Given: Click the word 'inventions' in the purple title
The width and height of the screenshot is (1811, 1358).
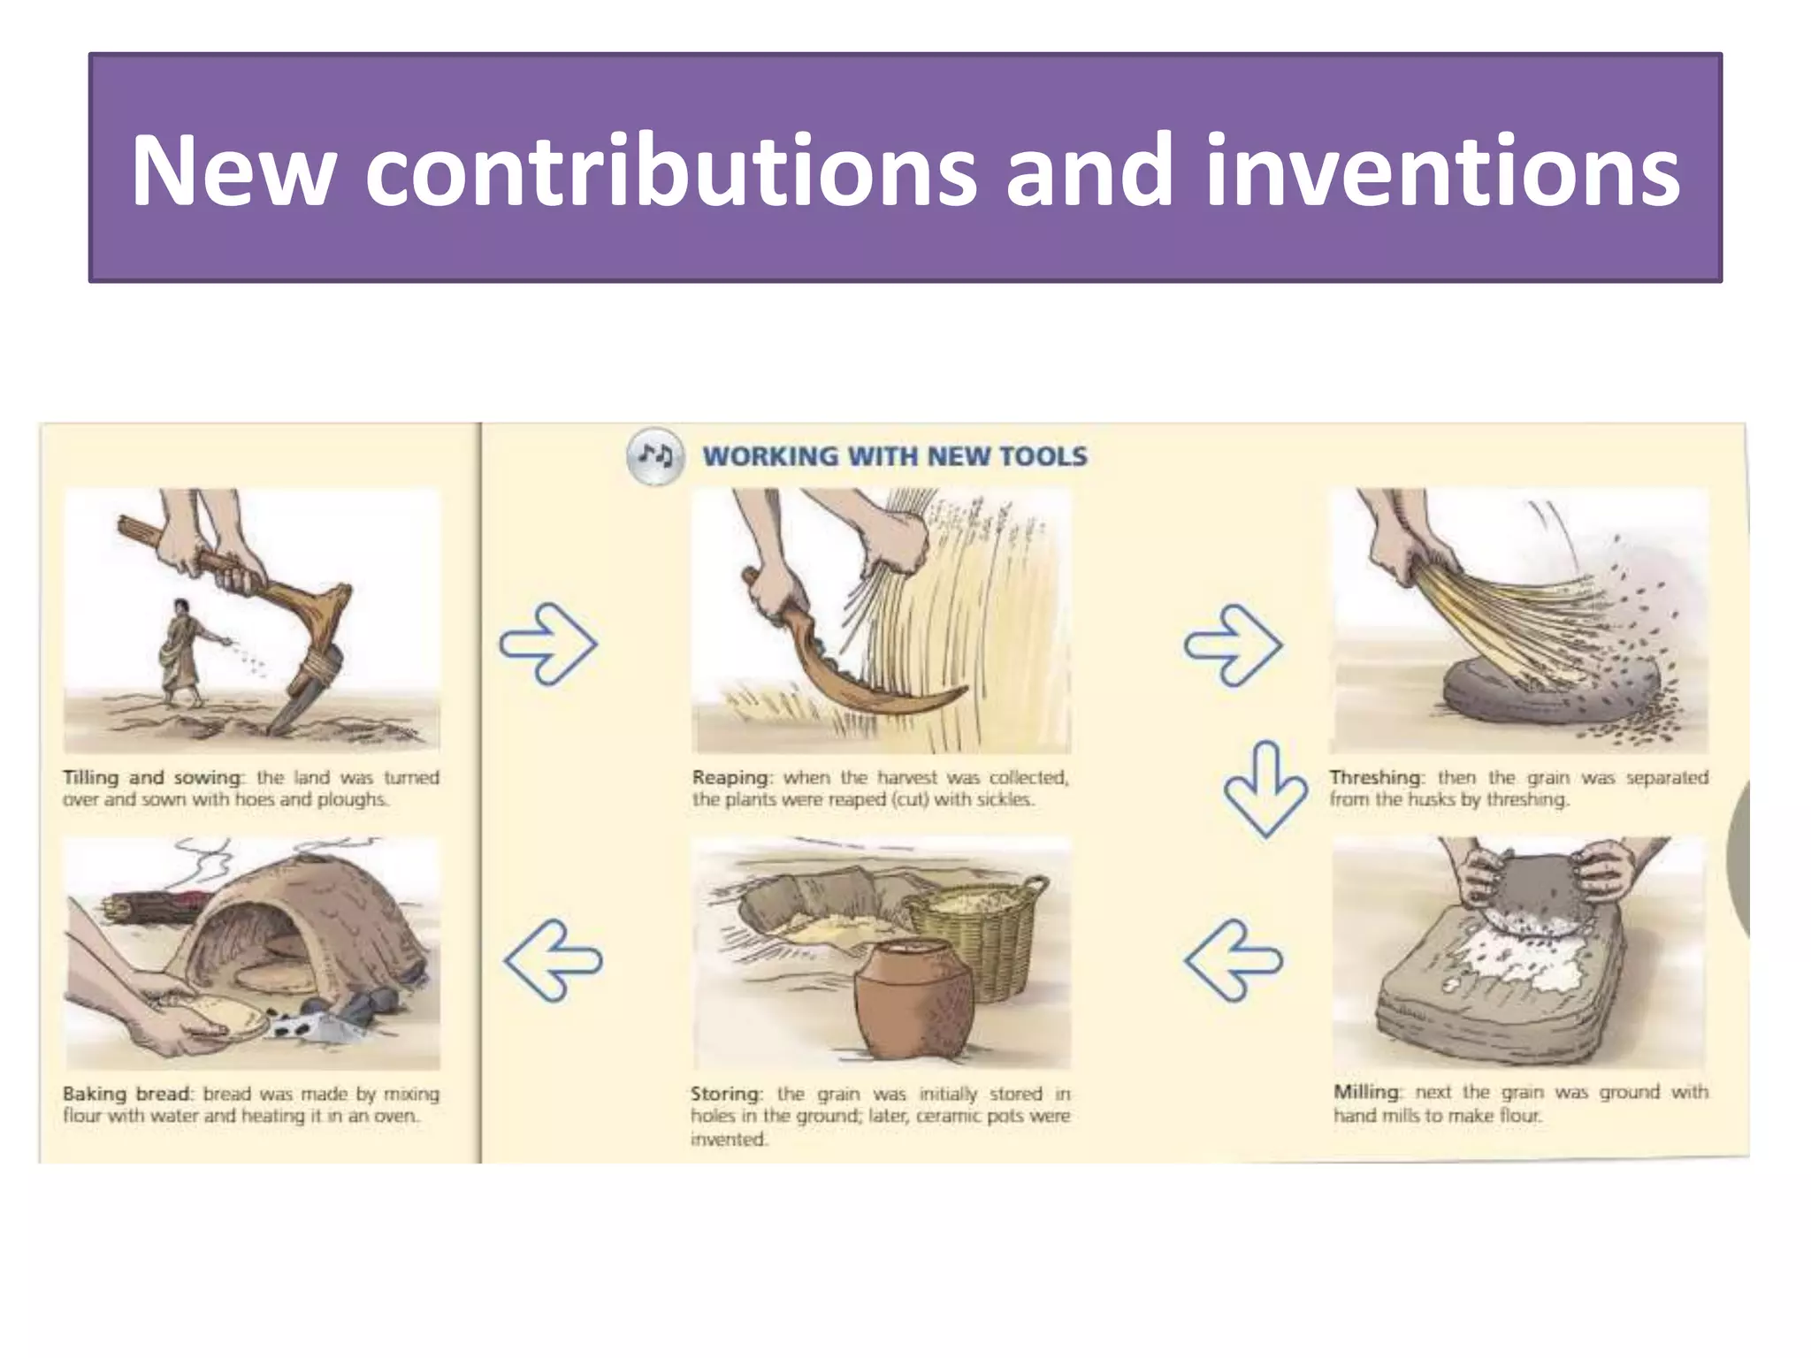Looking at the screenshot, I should [1441, 170].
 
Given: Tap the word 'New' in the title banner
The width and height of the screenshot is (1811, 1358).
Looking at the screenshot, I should [233, 170].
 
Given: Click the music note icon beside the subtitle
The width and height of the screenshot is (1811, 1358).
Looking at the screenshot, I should [654, 456].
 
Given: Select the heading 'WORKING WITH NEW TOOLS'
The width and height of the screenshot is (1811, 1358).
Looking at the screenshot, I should [894, 456].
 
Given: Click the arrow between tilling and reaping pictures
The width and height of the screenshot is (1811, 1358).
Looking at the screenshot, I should [549, 643].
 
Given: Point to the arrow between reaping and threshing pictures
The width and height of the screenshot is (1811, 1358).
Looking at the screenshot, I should [1233, 645].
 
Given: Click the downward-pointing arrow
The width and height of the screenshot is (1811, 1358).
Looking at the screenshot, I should [1265, 789].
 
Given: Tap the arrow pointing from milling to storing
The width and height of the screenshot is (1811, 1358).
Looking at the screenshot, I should [1233, 959].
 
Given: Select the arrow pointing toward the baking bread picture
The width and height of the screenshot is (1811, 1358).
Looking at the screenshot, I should [553, 959].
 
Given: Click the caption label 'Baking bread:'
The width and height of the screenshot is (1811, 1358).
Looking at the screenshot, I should [126, 1094].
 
